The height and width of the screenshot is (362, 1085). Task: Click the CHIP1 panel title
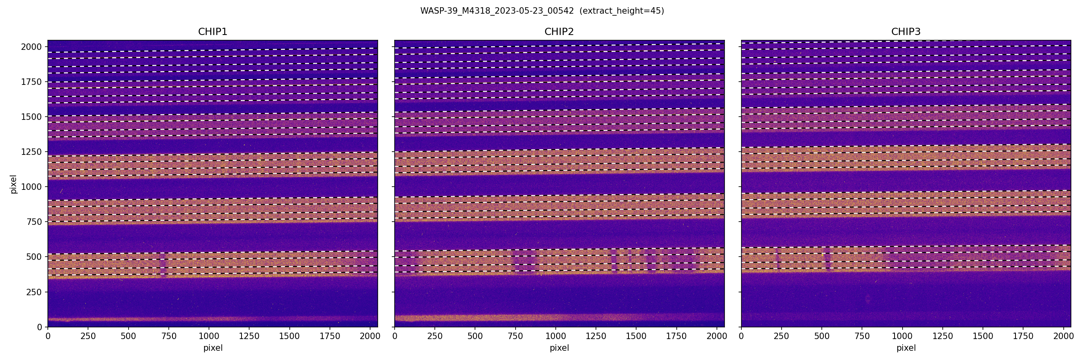212,32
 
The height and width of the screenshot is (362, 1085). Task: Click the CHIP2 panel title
559,32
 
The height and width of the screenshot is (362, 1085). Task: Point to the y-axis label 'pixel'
14,184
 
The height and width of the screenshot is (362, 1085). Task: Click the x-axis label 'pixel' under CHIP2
559,348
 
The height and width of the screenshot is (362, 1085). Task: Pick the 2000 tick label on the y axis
31,47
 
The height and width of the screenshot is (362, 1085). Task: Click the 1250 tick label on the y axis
31,152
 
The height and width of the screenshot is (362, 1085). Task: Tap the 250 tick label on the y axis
34,292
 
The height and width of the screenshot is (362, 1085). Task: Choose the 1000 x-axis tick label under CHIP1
209,336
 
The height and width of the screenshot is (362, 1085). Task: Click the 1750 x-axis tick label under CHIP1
330,336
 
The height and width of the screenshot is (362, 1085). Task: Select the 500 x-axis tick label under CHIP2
475,336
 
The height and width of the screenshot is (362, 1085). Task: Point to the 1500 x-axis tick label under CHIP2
636,336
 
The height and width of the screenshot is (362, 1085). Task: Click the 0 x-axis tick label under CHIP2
395,336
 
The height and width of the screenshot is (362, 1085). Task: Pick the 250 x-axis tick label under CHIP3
781,336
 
